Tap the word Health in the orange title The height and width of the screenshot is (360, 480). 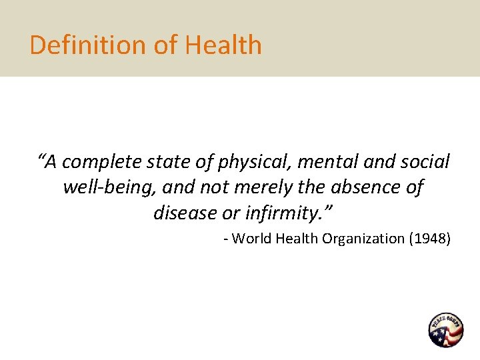pos(223,45)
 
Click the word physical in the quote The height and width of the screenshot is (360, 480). pos(254,163)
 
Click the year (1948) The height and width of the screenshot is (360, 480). pos(430,239)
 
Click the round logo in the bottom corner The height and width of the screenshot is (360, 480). pos(445,330)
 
